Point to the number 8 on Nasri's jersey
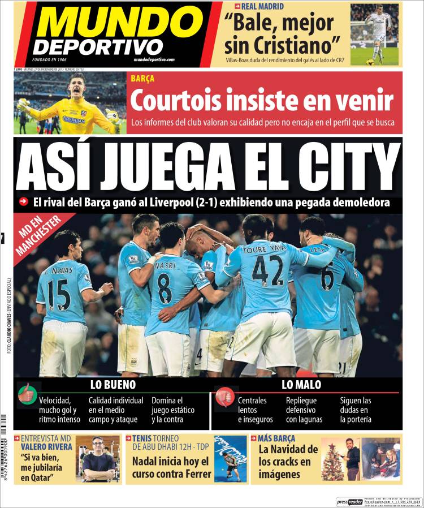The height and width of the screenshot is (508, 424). click(165, 288)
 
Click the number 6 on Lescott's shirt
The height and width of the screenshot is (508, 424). click(327, 278)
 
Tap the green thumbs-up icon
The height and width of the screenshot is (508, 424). click(27, 394)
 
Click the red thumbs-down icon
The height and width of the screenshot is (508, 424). click(224, 396)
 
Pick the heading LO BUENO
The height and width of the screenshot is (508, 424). click(113, 385)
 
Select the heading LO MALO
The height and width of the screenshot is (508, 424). click(301, 385)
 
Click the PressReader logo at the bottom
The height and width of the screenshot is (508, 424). click(349, 501)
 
